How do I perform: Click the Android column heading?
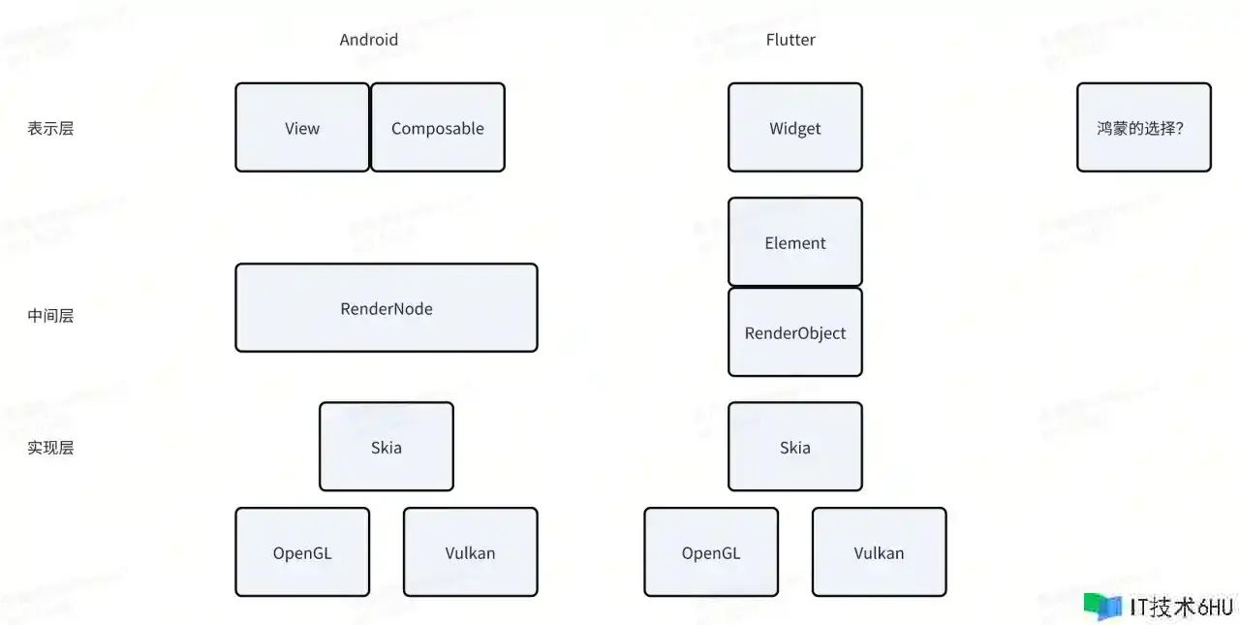[368, 40]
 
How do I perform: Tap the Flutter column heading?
[790, 40]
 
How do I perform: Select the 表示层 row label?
[50, 128]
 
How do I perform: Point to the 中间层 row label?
[50, 315]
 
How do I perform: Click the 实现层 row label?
[50, 448]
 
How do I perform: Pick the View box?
[302, 128]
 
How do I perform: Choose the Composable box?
[438, 128]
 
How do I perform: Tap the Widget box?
[795, 128]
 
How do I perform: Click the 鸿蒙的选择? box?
[1143, 128]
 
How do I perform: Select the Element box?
[795, 242]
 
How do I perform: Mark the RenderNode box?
[387, 308]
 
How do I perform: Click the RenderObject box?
[795, 332]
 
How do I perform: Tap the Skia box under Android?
[387, 447]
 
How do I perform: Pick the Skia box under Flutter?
[795, 447]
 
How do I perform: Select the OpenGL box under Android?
[302, 552]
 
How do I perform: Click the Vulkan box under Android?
[470, 552]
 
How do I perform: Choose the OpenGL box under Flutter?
[711, 552]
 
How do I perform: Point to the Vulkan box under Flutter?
[879, 552]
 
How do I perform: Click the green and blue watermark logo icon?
[1102, 607]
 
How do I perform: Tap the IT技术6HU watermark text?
[1181, 608]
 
